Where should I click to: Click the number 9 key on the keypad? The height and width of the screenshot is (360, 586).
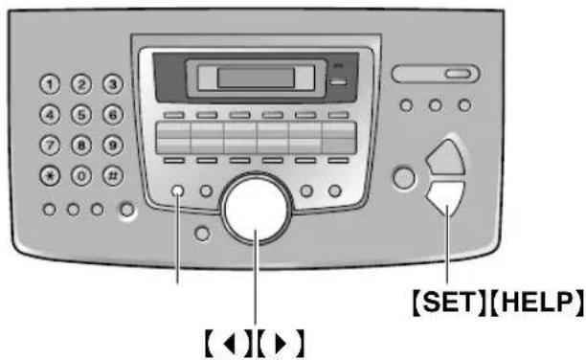113,146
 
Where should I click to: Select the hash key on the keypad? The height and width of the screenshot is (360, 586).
113,177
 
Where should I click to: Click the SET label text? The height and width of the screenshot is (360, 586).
437,302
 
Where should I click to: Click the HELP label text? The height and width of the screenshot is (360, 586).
530,302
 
